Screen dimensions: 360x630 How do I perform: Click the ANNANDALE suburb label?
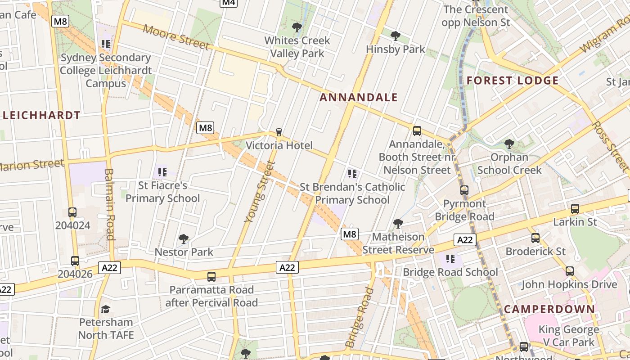359,97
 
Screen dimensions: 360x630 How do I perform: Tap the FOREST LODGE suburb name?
513,81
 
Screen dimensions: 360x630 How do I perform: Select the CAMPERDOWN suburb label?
549,310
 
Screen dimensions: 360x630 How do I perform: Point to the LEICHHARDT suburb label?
41,115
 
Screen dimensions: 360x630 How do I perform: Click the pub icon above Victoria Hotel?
279,132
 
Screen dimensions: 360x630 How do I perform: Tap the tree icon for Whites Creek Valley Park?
297,27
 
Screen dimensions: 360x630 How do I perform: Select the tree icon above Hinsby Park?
396,36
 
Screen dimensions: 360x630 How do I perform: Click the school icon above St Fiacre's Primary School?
162,172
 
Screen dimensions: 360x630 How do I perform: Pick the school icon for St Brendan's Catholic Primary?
352,173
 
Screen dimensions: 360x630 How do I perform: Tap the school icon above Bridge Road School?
450,259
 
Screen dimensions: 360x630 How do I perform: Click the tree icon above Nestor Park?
184,238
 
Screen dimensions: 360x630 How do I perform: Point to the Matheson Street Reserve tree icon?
398,223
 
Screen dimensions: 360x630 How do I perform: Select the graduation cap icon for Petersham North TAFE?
106,309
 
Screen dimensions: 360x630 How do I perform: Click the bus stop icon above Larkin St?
575,209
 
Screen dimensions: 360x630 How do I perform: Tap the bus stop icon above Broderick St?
535,238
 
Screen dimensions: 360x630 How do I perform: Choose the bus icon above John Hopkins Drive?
569,271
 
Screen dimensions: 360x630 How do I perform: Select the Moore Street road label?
176,37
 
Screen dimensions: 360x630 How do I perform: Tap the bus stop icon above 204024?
72,212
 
